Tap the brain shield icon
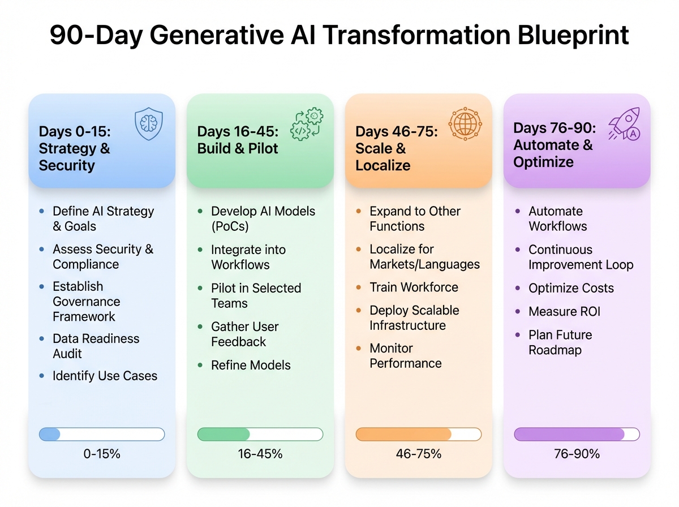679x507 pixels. point(148,125)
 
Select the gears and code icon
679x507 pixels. point(306,125)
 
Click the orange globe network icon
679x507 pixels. point(465,123)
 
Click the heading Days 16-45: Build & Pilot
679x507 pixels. point(238,140)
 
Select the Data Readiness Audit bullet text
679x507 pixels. point(96,346)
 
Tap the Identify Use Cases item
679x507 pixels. point(105,376)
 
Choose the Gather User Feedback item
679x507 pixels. point(244,334)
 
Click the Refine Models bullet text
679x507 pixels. point(251,365)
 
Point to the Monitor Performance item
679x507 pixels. point(405,355)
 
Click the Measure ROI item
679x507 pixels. point(564,311)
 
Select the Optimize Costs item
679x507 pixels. point(571,287)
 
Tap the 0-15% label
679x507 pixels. point(102,454)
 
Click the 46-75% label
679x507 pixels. point(419,454)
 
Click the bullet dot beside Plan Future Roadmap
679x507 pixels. point(517,335)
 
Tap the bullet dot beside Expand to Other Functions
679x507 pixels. point(359,211)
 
